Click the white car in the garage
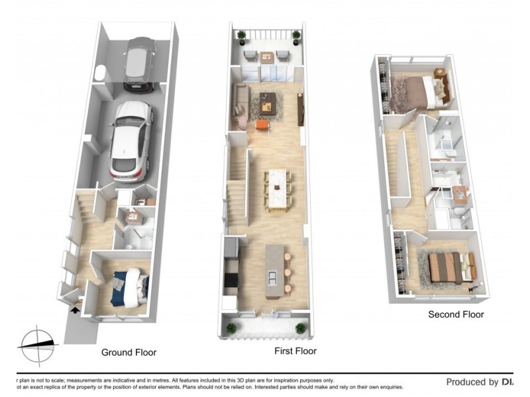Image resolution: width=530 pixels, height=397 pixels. coord(131,140)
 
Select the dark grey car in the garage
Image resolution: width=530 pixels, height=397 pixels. coord(140,64)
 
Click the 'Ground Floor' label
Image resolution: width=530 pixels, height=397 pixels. coord(129,353)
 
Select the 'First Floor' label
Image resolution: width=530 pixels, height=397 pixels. coord(295,351)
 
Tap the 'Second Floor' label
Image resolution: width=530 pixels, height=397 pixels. coord(456,315)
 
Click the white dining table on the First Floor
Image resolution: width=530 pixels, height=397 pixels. coord(278,189)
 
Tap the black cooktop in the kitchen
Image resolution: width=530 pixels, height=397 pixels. coord(231,281)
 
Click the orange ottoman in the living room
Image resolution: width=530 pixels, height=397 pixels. coord(262,124)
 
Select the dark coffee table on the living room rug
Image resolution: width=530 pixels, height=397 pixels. coord(268,101)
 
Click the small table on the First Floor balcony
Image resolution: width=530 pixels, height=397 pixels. coord(267,58)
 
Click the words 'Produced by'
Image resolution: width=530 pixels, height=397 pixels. coord(472,382)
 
